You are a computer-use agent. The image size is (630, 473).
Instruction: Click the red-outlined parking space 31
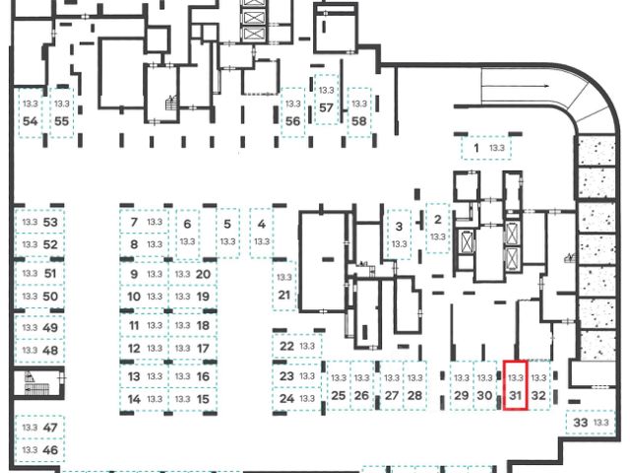[x=516, y=387]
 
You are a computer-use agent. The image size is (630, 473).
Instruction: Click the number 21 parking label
[x=284, y=286]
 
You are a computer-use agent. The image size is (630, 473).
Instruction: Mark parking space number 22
[x=296, y=347]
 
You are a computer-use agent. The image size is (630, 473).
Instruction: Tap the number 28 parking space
[x=414, y=387]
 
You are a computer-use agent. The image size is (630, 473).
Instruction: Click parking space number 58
[x=359, y=112]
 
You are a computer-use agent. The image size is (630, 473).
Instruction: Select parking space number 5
[x=227, y=232]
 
